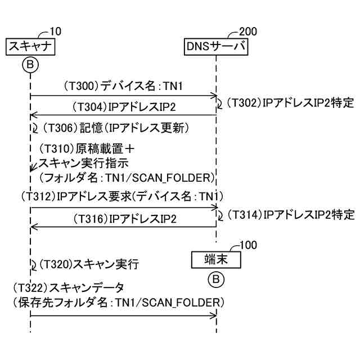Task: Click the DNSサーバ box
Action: [x=216, y=47]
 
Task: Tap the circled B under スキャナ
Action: [x=30, y=65]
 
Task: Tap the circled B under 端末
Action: [x=216, y=278]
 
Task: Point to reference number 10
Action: [x=56, y=31]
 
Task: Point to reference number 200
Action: [x=249, y=31]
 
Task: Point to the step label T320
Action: [x=58, y=263]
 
